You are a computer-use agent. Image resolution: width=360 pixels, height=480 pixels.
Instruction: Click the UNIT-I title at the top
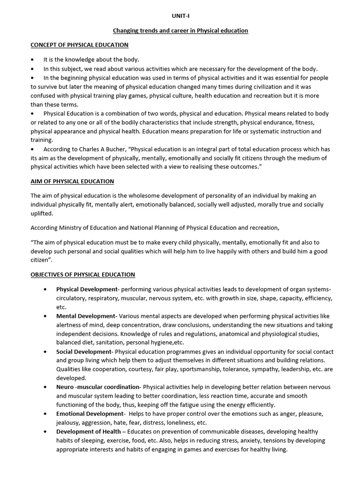click(180, 15)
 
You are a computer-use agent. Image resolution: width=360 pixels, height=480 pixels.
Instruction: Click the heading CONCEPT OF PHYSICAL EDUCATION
click(79, 45)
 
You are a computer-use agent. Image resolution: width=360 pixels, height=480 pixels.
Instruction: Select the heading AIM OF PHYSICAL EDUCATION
click(72, 181)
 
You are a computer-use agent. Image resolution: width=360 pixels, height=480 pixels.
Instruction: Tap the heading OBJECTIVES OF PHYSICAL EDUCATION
click(82, 274)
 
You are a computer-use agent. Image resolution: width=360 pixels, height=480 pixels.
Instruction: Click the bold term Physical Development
click(86, 289)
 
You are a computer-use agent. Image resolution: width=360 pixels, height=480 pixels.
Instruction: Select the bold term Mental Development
click(85, 316)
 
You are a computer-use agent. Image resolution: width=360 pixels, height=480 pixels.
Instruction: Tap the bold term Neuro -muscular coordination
click(98, 387)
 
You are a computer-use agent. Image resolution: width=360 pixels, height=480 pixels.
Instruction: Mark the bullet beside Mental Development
click(45, 316)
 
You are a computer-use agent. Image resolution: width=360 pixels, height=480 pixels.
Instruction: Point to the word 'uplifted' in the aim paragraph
click(42, 213)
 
